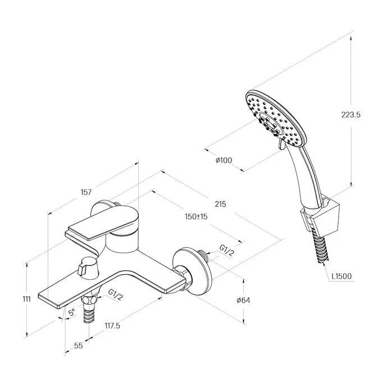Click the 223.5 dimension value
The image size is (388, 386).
point(351,115)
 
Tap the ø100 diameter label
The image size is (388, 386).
point(223,160)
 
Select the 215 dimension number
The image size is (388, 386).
point(220,204)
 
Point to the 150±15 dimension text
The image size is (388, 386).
point(196,217)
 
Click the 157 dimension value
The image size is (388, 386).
point(86,192)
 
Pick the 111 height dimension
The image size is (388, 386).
point(26,299)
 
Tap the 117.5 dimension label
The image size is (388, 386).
point(112,326)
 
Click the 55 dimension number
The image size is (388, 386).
point(79,346)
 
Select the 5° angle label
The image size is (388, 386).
point(71,313)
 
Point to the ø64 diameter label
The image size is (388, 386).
point(243,300)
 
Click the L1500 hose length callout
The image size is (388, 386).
point(341,276)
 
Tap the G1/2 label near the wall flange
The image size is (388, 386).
point(226,251)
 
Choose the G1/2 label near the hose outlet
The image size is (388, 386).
point(115,294)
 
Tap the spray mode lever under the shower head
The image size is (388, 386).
point(281,144)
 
